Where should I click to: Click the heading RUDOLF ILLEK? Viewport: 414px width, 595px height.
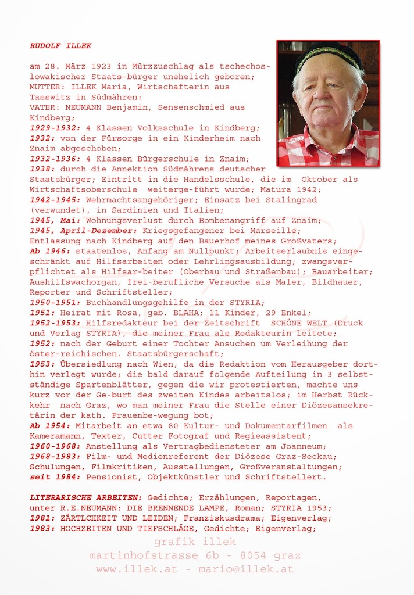pyautogui.click(x=60, y=45)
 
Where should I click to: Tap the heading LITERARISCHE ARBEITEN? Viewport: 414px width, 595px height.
pyautogui.click(x=86, y=497)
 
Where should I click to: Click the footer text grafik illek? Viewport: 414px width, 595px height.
pyautogui.click(x=195, y=542)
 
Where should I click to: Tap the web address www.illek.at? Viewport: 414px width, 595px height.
pyautogui.click(x=136, y=569)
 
